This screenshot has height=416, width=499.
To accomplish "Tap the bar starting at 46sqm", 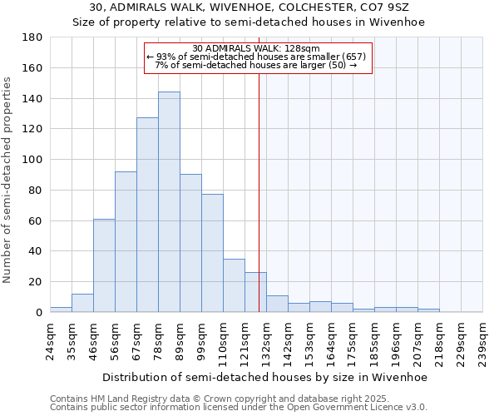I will [x=104, y=265].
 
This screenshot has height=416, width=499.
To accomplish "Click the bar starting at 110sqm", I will [x=234, y=285].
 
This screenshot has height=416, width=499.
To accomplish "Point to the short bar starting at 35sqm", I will [x=82, y=303].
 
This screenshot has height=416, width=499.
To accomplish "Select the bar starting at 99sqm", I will [x=212, y=253].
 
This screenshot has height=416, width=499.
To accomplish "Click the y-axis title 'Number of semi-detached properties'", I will [x=9, y=179].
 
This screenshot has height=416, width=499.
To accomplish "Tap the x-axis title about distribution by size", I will [x=265, y=377].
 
